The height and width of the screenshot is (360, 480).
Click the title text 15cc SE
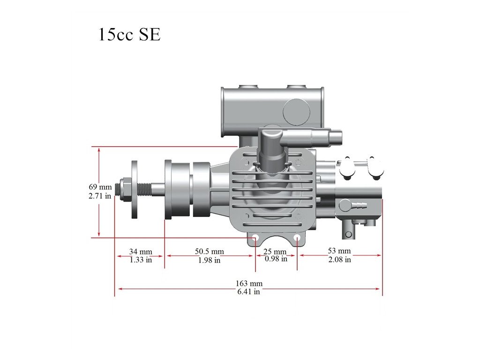(129, 34)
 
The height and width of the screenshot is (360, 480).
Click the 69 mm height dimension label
(100, 187)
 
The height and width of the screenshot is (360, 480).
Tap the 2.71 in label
(100, 196)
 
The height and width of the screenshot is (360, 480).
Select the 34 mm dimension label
(141, 252)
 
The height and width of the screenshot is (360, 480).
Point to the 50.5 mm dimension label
(210, 251)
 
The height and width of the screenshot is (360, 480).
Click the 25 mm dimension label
(275, 252)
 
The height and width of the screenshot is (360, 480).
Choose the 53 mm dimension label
(339, 251)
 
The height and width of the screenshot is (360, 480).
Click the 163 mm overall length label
(249, 284)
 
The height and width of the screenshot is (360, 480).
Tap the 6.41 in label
(248, 292)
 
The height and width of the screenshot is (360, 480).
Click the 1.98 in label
(210, 260)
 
